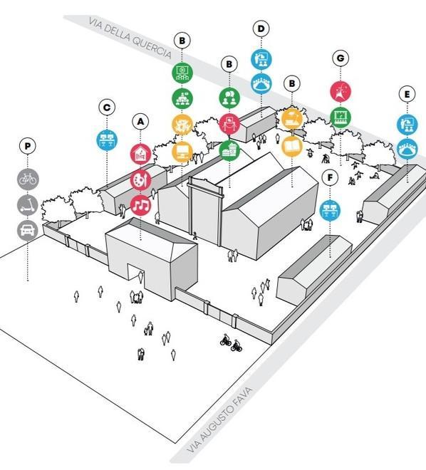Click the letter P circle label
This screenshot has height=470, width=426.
(28, 146)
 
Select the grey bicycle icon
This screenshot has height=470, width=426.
(28, 179)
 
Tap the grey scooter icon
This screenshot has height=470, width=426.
(28, 205)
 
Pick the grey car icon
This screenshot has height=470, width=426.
(28, 231)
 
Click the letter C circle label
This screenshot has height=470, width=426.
(107, 108)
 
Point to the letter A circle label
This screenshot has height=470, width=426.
(140, 122)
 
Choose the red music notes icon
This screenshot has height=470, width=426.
(140, 205)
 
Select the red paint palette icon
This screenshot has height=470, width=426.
(140, 180)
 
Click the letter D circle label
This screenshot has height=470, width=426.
(261, 28)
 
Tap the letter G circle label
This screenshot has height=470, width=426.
(341, 58)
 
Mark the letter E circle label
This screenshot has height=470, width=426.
(407, 95)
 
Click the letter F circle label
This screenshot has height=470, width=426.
(330, 178)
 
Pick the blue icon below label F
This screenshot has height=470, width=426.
(330, 211)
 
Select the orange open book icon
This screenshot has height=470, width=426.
(292, 146)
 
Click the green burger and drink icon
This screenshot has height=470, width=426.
(229, 150)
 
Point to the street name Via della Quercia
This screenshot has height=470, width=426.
(130, 38)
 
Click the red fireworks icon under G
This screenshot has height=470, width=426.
(341, 91)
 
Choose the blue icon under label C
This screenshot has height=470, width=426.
(107, 140)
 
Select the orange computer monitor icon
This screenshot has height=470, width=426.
(182, 152)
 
